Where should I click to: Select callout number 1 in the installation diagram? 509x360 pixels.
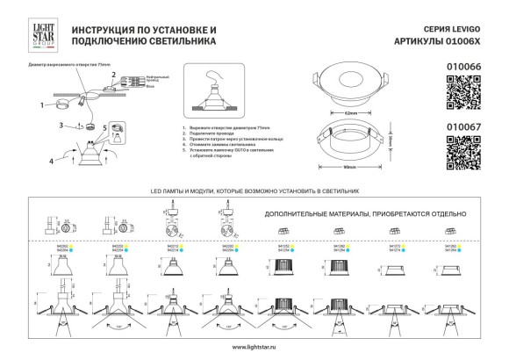[x=40, y=104]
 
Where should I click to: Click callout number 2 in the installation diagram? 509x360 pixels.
[x=112, y=76]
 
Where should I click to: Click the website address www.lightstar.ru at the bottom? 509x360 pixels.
[x=254, y=349]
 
